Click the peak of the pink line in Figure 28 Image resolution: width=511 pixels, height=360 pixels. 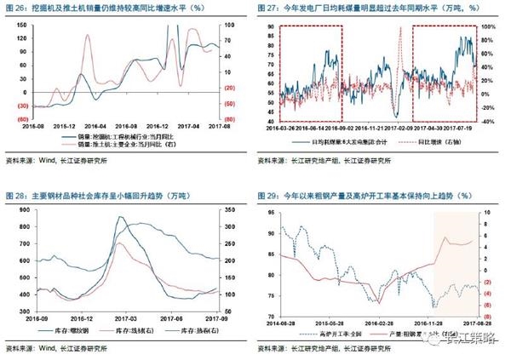pos(119,243)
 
